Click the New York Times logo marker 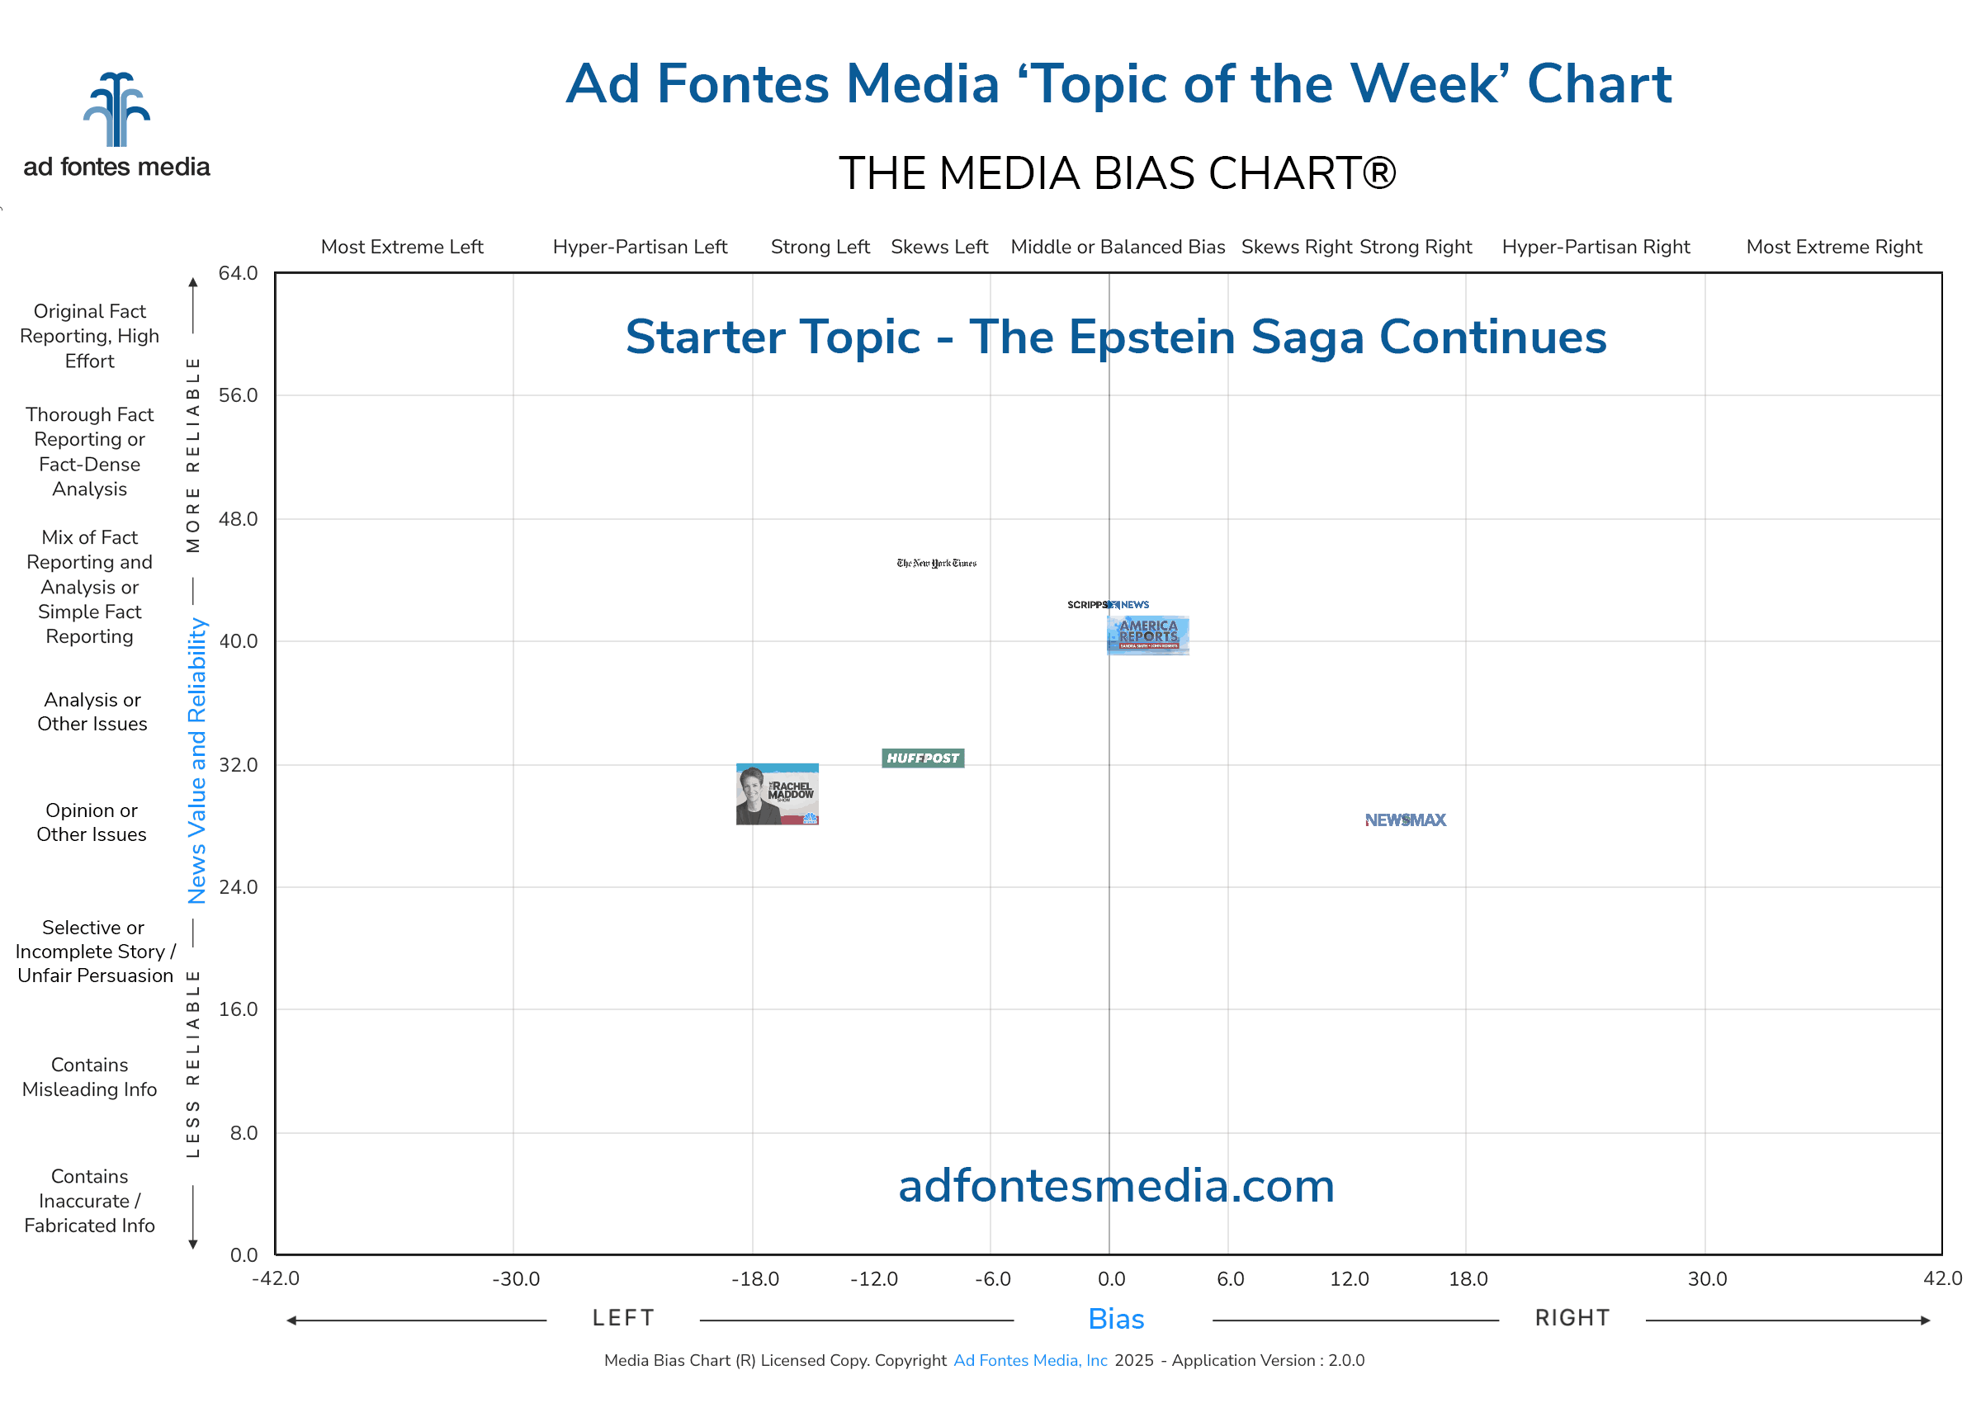coord(937,564)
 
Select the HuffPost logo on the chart coord(923,758)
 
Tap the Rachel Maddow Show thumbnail coord(777,794)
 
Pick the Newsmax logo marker coord(1405,820)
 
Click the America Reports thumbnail coord(1148,635)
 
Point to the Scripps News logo coord(1108,605)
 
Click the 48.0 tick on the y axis coord(238,519)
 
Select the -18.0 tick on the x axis coord(754,1278)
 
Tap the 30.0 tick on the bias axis coord(1707,1278)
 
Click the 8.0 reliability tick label coord(243,1132)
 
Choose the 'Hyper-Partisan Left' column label coord(641,247)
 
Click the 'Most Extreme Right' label coord(1834,247)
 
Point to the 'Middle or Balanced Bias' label coord(1117,247)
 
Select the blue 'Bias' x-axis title coord(1116,1319)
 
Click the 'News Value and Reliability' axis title coord(197,760)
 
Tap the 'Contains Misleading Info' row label coord(90,1076)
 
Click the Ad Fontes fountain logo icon coord(116,110)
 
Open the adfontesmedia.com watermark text coord(1116,1185)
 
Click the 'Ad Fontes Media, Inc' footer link coord(1030,1360)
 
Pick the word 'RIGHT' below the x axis coord(1572,1317)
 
